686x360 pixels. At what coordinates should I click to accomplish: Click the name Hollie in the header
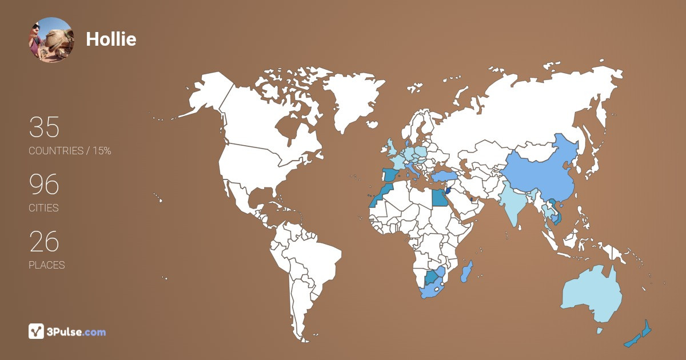(x=111, y=39)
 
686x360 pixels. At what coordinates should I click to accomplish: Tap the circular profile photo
(x=51, y=39)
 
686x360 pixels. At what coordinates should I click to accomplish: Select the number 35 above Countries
(x=44, y=127)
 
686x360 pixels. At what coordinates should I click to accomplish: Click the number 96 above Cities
(x=44, y=185)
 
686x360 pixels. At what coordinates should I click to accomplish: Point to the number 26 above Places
(x=44, y=242)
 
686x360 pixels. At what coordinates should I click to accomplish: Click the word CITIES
(x=44, y=208)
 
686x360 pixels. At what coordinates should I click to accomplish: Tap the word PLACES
(x=47, y=265)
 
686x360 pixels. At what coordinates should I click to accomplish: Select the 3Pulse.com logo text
(x=77, y=331)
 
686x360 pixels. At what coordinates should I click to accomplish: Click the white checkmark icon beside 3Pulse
(x=36, y=331)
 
